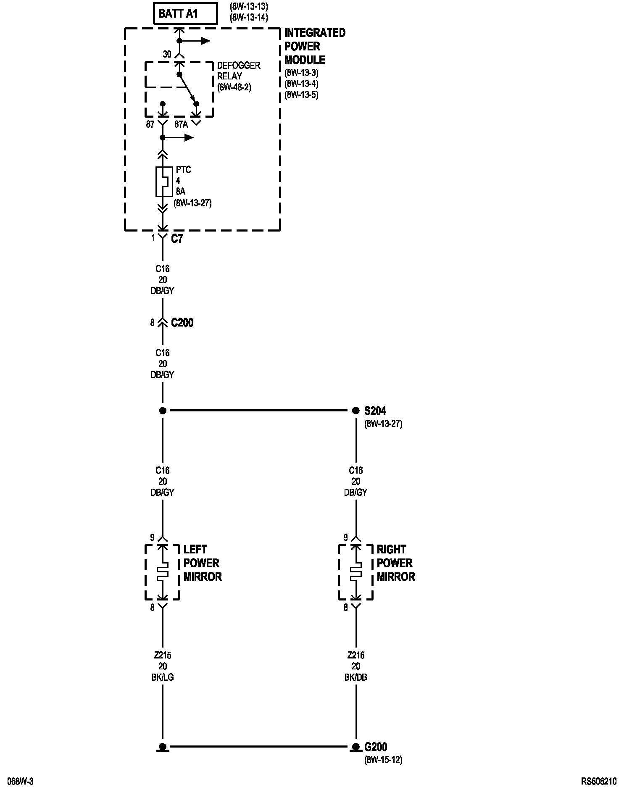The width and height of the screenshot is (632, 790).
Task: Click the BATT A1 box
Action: [x=185, y=14]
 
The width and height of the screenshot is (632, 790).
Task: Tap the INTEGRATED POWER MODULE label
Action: [x=314, y=46]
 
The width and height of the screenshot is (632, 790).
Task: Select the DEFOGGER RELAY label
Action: [x=238, y=71]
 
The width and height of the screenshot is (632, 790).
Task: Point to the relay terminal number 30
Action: [x=167, y=54]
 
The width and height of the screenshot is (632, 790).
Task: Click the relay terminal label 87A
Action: [x=181, y=124]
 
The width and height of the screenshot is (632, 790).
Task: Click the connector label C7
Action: [x=177, y=239]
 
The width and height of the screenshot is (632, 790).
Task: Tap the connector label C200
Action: [x=182, y=323]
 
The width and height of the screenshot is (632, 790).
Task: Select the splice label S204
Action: [x=375, y=411]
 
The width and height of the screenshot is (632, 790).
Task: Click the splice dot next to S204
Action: [x=355, y=410]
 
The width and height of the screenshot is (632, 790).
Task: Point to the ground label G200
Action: [x=375, y=747]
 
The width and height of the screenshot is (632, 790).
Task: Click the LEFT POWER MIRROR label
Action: [x=202, y=563]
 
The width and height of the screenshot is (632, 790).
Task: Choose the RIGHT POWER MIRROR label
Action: [x=395, y=563]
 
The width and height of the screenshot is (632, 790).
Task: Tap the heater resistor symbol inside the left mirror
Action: [x=162, y=573]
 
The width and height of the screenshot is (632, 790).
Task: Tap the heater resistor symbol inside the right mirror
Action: [x=355, y=573]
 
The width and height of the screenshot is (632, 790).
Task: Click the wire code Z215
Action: [x=162, y=655]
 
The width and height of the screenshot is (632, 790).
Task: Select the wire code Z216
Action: [x=355, y=655]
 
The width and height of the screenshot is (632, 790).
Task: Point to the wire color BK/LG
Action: [x=162, y=677]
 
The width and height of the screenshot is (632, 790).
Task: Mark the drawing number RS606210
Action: [x=599, y=781]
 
